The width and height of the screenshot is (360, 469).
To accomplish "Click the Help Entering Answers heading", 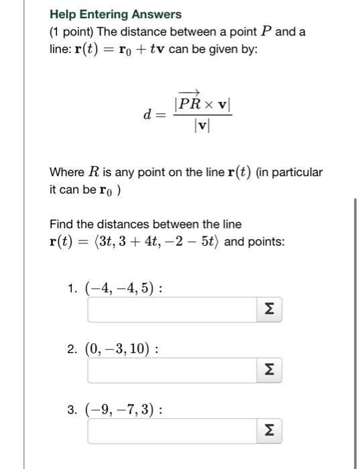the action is tap(115, 14).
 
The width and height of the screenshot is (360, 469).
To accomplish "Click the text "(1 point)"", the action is tap(72, 31).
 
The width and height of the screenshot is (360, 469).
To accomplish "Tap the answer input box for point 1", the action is tap(172, 311).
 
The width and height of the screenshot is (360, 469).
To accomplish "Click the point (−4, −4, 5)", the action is tap(121, 289).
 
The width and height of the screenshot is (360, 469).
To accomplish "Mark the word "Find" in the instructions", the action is tap(61, 224).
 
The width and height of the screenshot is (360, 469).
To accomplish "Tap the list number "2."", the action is tap(72, 349).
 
